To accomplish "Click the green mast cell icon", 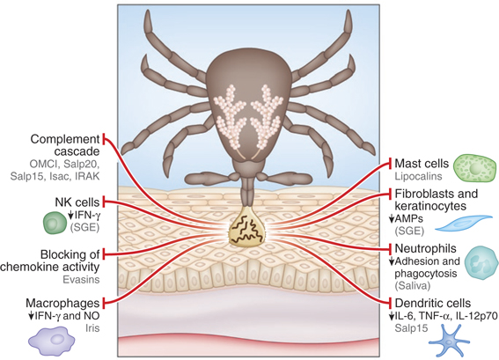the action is tap(474, 168).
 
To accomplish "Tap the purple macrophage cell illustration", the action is tap(52, 340).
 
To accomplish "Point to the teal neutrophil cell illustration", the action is tap(481, 262).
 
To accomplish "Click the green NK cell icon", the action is tap(55, 223).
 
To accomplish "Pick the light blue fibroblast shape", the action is tap(463, 223).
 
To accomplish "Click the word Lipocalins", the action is tap(418, 176).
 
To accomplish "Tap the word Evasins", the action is tap(81, 280).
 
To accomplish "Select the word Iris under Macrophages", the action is tap(92, 327).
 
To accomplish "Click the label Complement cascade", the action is tap(65, 145).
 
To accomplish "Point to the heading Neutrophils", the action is tap(425, 248).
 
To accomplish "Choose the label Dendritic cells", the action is tap(433, 303).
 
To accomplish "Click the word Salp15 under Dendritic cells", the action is tap(411, 327).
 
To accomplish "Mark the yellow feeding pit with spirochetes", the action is tap(246, 225).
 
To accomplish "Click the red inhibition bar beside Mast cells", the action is tap(390, 164).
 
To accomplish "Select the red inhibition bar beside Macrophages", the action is tap(103, 303).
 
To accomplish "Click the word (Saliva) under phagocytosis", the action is tap(413, 286).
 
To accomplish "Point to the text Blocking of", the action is tap(70, 254).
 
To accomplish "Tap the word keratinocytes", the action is tap(430, 206).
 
